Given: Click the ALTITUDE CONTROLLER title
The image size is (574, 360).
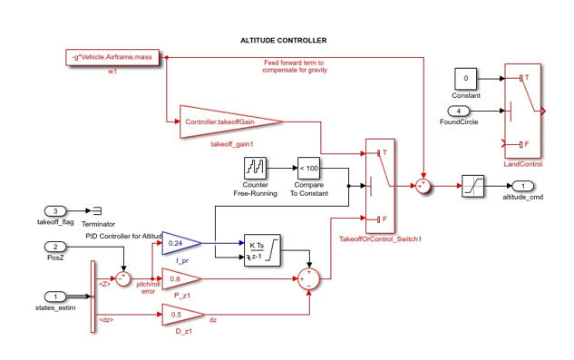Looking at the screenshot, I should tap(283, 41).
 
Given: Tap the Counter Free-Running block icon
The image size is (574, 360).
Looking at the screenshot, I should tap(256, 168).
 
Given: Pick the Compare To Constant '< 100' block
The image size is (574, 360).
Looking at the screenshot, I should tap(309, 168).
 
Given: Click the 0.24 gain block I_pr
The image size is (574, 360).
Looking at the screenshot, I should tap(180, 243).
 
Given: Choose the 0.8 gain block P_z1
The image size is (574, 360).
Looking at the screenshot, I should tap(180, 278).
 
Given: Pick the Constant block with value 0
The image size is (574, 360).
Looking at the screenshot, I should tap(466, 79).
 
